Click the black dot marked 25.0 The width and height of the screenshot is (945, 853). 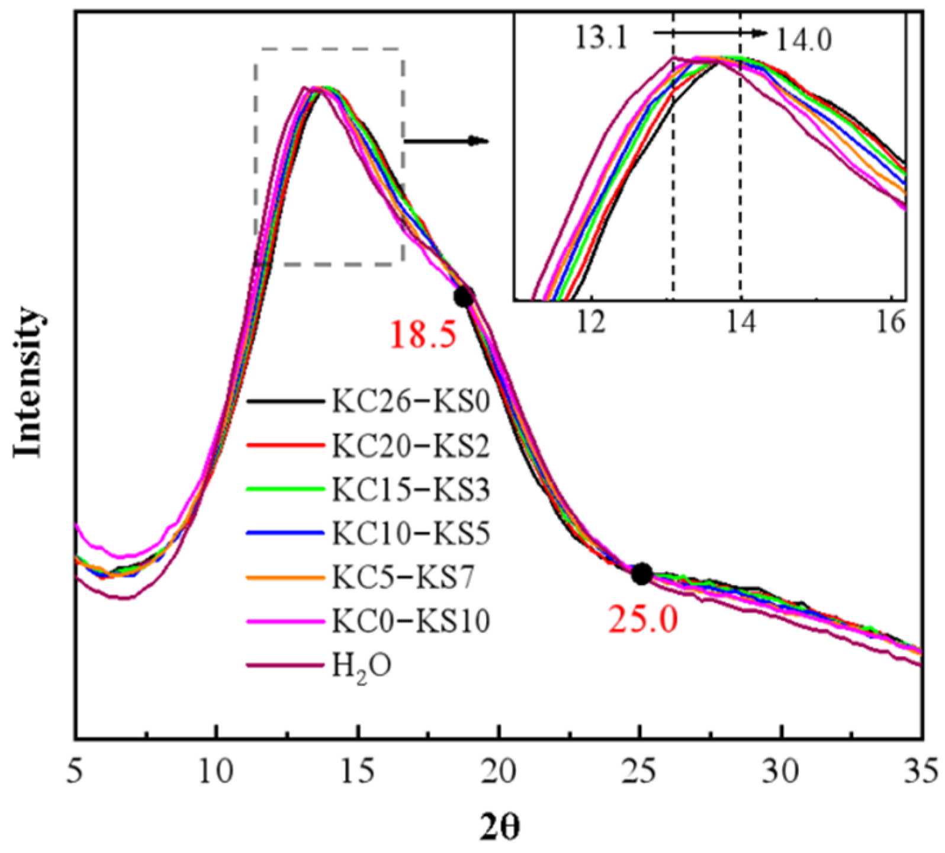click(642, 573)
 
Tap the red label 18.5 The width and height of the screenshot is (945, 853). click(423, 336)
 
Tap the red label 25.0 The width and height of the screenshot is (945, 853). click(642, 620)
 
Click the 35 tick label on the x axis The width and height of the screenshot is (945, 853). click(921, 773)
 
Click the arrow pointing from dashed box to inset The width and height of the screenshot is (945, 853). click(447, 141)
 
